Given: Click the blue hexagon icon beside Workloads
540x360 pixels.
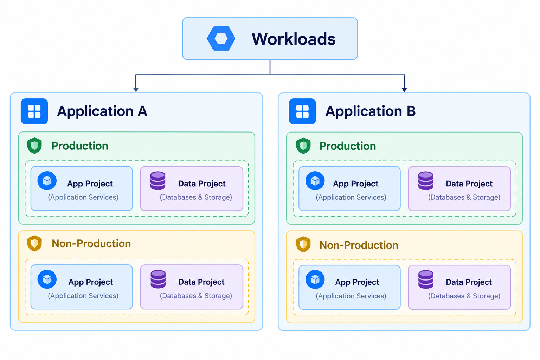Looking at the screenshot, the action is point(221,38).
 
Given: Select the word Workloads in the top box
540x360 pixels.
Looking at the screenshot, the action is point(294,39).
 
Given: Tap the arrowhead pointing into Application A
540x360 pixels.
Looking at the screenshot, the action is point(136,90).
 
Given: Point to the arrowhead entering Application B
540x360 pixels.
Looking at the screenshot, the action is point(404,90).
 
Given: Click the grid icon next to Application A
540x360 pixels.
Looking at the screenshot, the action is point(34,111).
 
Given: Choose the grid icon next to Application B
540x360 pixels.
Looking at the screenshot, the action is point(302,111).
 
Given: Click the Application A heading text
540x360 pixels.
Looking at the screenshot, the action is point(102,111).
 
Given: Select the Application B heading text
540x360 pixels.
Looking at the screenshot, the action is point(371,111).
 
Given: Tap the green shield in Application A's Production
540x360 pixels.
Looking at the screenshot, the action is point(34,146).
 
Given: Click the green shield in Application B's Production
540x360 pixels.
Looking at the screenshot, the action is point(303,146).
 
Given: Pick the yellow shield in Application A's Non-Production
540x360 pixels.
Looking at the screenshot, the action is point(34,243).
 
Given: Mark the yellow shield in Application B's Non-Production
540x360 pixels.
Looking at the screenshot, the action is point(303,244).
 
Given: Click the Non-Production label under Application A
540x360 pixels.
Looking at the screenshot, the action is point(91,244).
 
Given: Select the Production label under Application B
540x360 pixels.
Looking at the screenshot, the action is point(348,146).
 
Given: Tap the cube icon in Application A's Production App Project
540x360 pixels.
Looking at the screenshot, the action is point(47,181).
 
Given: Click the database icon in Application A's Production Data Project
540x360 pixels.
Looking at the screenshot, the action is point(158,181).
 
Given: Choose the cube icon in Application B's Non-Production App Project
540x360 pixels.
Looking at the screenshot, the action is point(315,279).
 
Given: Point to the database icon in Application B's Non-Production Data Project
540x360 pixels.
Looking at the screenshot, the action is point(426,279).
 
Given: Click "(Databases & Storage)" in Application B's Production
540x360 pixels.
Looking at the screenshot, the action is point(464,197).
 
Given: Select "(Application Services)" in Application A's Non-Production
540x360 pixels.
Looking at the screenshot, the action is point(83,296).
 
